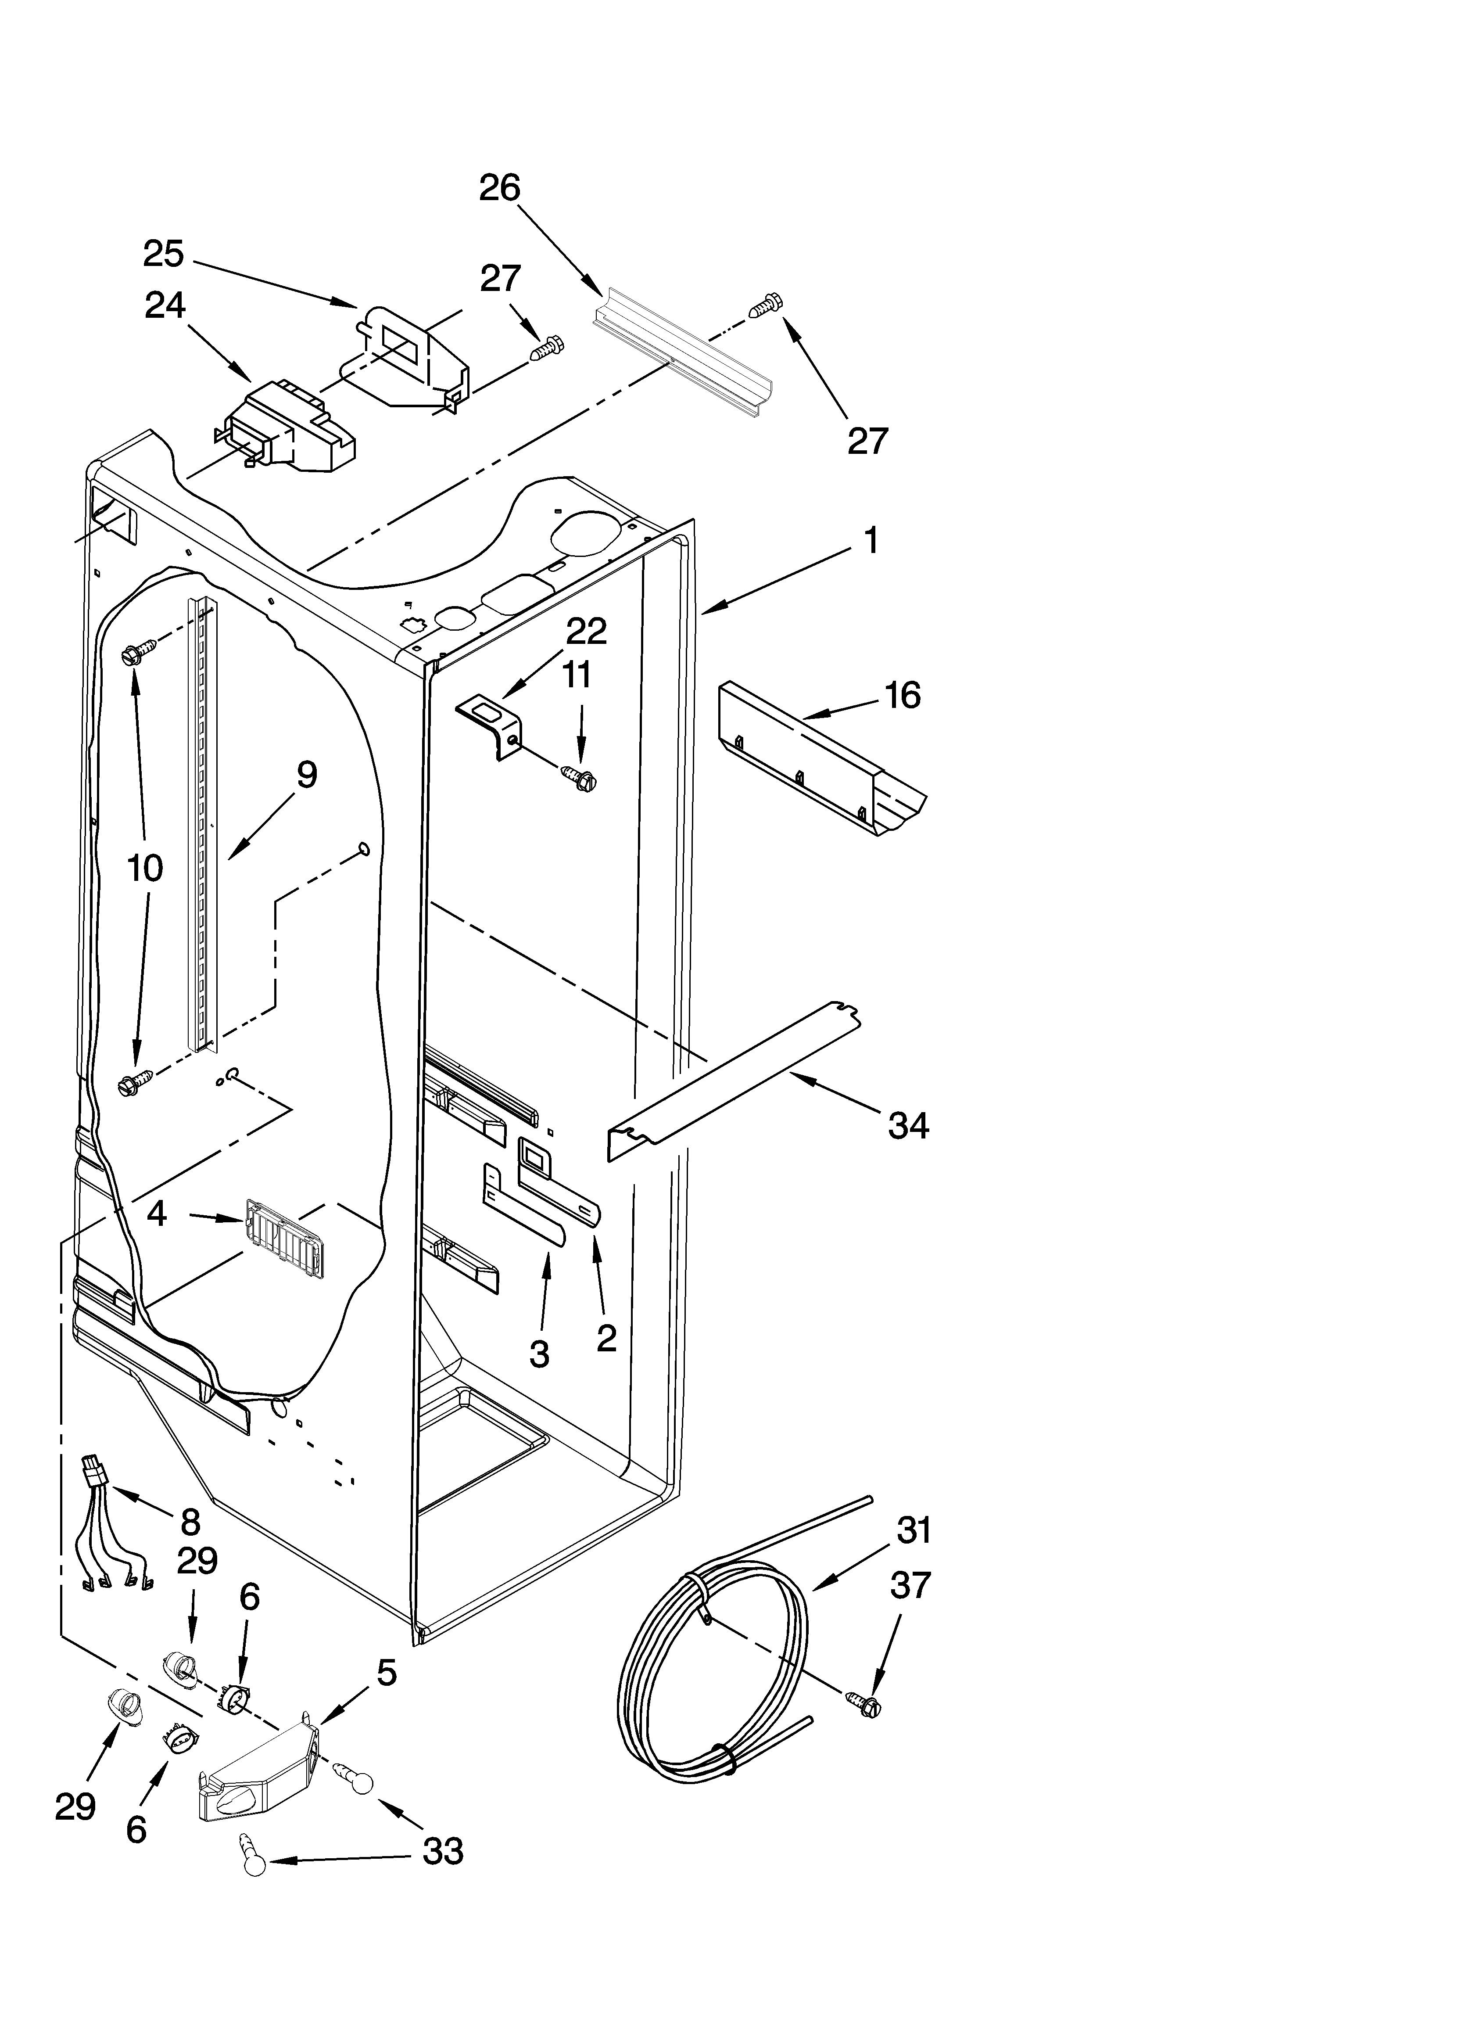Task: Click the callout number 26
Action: pos(499,188)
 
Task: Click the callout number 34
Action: pos(908,1125)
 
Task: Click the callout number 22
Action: pos(586,632)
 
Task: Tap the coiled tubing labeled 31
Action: pos(716,1673)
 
